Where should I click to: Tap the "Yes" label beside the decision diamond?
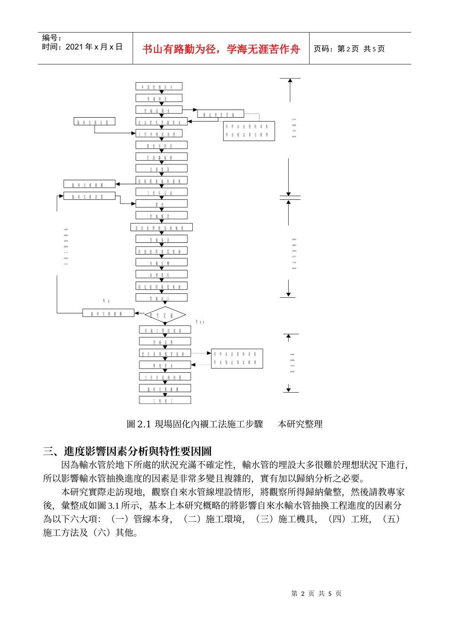(200, 322)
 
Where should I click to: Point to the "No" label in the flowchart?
(106, 301)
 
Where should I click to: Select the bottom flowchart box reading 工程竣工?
(165, 400)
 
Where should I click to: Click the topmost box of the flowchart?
(159, 86)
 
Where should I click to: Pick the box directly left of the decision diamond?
(108, 313)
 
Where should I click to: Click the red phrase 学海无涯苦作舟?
(263, 49)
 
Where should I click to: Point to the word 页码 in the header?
(323, 49)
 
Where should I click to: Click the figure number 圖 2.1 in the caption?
(138, 424)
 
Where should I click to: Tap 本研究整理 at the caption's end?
(300, 424)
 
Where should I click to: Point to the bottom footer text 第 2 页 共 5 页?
(316, 594)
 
